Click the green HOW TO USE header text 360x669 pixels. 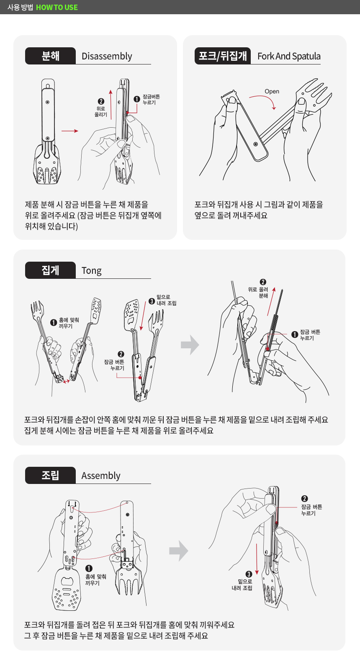57,7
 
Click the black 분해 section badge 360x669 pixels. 51,56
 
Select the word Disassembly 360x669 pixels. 107,56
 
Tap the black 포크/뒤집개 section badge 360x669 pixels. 223,56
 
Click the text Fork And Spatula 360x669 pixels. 289,56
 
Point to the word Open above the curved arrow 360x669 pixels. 272,91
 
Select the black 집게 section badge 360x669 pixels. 51,270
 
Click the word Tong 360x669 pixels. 92,270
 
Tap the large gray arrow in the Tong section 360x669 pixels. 190,345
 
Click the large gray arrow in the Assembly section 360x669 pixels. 178,551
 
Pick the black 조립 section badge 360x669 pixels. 51,475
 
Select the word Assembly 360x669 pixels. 101,476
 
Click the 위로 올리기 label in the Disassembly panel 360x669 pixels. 101,112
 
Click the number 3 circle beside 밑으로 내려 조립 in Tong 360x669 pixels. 152,301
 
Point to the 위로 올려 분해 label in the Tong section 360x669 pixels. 258,292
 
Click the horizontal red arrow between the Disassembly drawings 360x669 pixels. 70,131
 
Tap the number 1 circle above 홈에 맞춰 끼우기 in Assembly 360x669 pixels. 89,569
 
